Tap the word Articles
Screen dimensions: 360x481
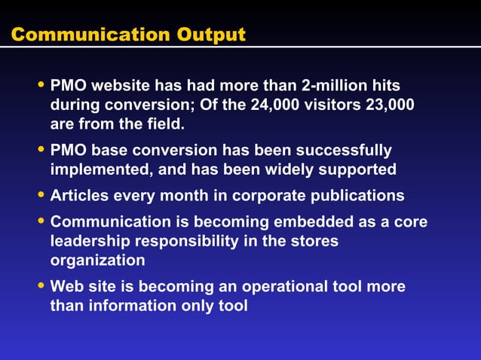[79, 196]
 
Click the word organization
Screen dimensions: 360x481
[98, 260]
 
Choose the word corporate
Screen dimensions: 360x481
[268, 196]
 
